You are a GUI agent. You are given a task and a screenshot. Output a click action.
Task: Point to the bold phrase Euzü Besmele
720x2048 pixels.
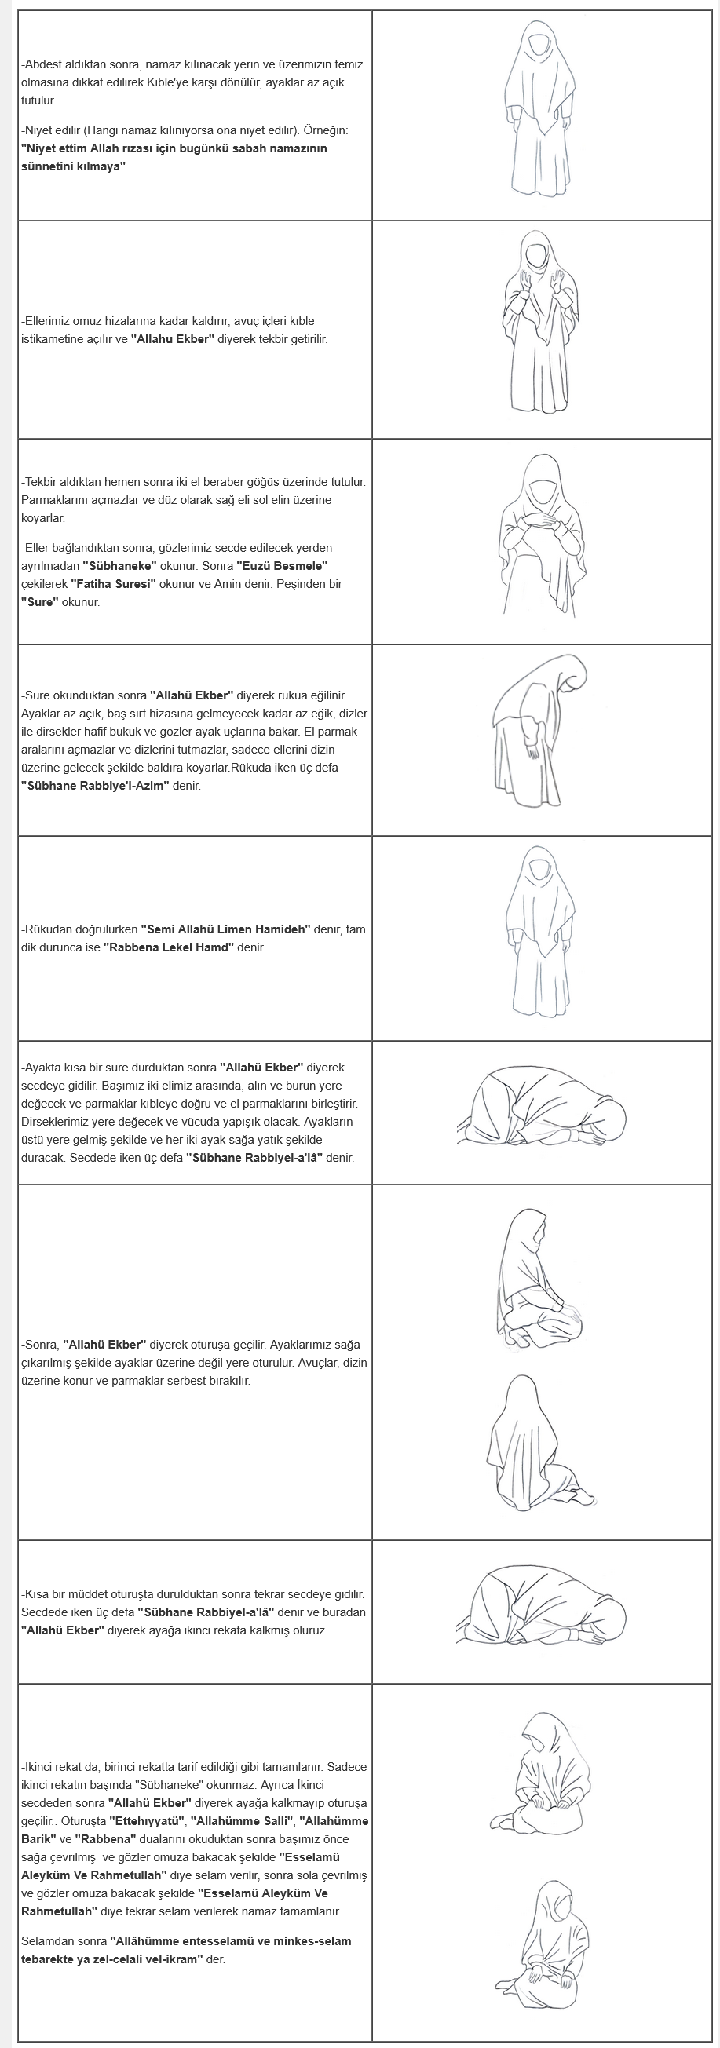coord(283,565)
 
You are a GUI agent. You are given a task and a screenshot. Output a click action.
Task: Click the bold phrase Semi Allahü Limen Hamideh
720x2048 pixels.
coord(225,929)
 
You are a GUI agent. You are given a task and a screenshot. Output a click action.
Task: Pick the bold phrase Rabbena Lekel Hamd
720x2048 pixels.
coord(168,947)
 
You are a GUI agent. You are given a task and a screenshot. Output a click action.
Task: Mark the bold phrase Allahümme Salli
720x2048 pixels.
coord(241,1820)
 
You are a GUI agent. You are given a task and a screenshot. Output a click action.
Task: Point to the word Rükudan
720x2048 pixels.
coord(49,929)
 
